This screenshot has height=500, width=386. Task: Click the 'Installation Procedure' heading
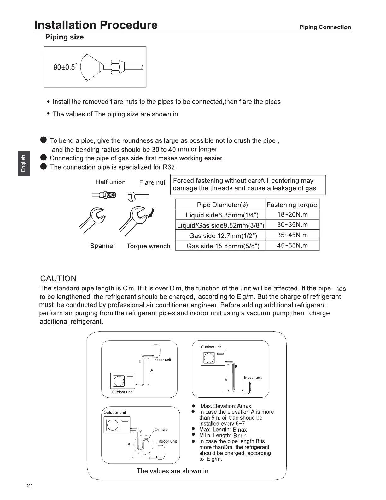click(96, 25)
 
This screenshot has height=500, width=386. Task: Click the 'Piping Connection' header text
click(325, 27)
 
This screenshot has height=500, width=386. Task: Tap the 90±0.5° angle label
click(65, 67)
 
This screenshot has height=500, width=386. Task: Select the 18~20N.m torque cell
click(292, 215)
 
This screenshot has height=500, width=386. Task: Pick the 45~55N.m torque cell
click(292, 245)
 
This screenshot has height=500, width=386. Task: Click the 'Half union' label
click(110, 182)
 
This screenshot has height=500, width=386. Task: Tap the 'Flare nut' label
click(152, 182)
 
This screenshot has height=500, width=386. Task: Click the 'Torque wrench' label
click(148, 246)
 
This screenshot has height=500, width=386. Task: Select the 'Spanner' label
click(103, 246)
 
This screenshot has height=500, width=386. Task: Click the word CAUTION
click(58, 278)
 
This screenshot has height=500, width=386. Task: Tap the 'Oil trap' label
click(161, 429)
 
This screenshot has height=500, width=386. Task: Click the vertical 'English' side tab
click(23, 163)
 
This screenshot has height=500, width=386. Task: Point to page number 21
click(30, 486)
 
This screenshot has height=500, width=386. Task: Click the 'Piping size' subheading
click(64, 37)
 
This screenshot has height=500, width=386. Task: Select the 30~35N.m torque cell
click(292, 225)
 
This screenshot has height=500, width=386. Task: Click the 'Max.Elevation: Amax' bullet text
click(225, 406)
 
